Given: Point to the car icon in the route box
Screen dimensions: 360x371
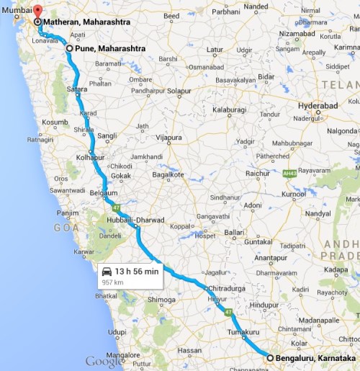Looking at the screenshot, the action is click(x=107, y=272).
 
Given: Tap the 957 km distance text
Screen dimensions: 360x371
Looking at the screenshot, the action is click(x=112, y=282).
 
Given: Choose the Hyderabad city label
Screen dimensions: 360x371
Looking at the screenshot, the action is click(x=318, y=105).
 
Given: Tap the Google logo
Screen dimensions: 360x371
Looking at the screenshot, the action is click(x=104, y=362).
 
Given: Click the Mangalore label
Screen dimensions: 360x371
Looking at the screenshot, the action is click(x=120, y=356).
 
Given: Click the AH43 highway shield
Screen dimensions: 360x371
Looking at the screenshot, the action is click(x=291, y=173).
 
